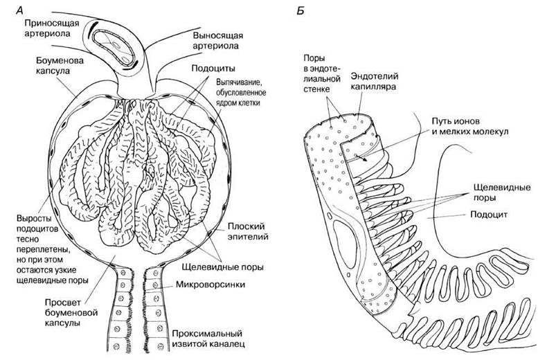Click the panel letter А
(19, 10)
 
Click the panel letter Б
(301, 11)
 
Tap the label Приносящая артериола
(52, 28)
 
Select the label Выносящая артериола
(217, 40)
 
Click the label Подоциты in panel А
(213, 69)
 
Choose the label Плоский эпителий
(248, 231)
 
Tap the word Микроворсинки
(210, 285)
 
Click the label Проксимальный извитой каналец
(208, 339)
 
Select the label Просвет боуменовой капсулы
(71, 312)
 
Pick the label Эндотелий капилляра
(375, 81)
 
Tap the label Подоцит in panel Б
(489, 214)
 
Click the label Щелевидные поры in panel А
(222, 267)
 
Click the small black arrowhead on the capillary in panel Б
(364, 159)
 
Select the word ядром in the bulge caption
(227, 103)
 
